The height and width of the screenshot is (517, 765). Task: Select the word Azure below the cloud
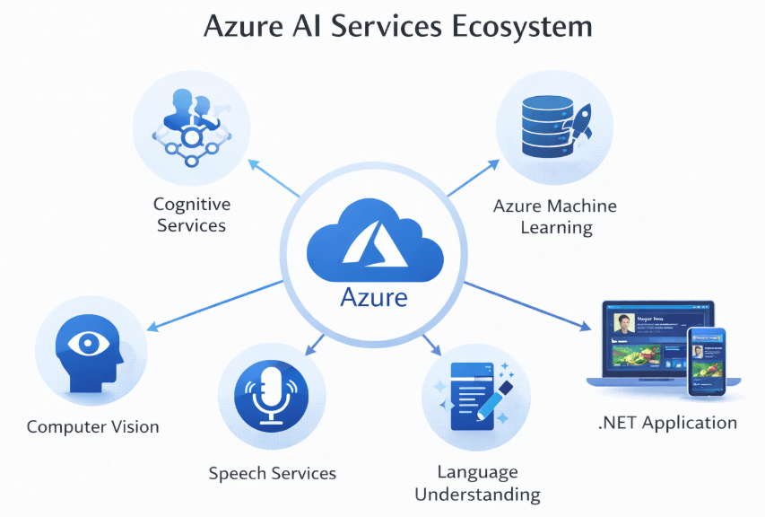pos(375,296)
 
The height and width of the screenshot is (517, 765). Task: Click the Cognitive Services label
pos(191,215)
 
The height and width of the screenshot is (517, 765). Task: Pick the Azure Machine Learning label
pos(555,216)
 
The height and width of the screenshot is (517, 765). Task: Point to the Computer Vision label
pos(93,427)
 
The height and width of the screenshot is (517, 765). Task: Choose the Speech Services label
pos(273,473)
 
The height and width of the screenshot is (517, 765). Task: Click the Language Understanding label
pos(477,483)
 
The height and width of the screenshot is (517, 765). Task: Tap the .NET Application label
pos(667,423)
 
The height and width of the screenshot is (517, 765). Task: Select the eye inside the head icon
pos(86,344)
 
